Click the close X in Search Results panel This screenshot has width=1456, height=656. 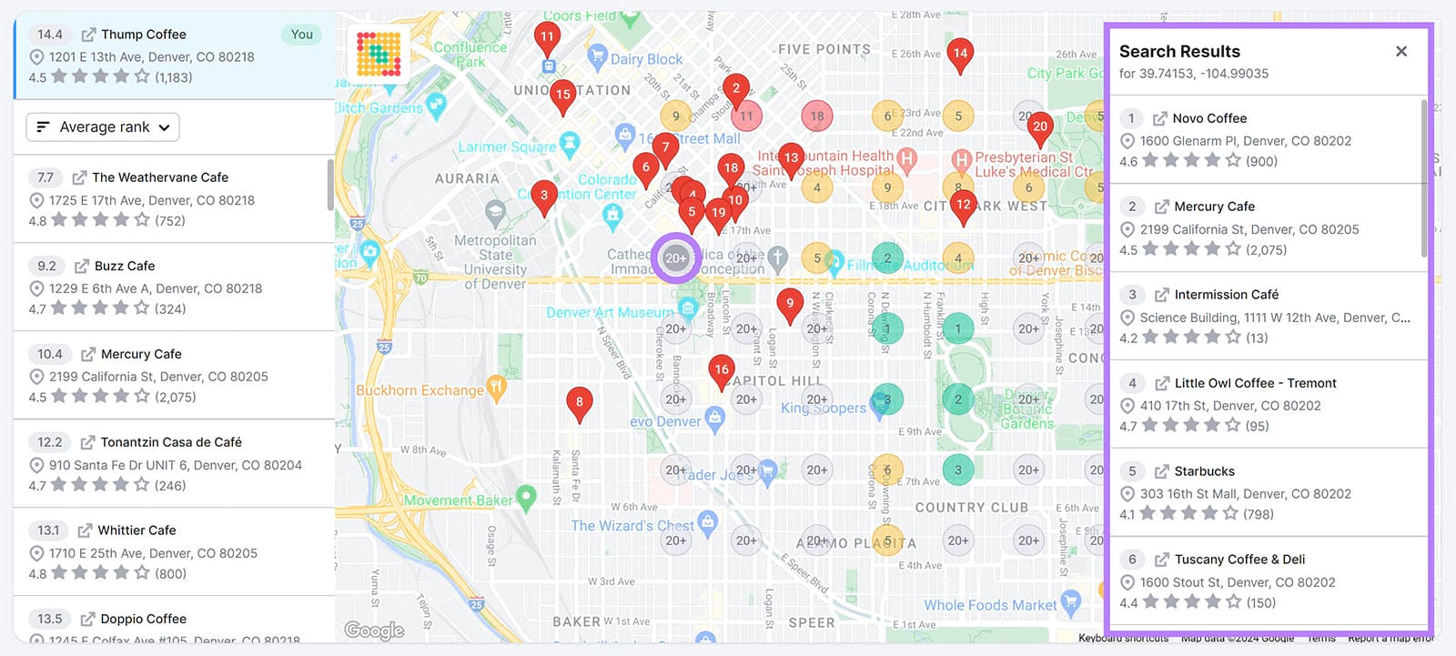point(1401,52)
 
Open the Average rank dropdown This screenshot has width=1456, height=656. point(103,127)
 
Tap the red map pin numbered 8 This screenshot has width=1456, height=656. point(580,402)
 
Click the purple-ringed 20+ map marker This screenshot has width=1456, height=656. point(675,258)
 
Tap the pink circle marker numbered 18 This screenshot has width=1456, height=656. point(817,116)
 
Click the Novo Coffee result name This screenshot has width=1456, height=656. point(1209,118)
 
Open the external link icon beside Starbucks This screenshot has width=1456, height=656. point(1161,471)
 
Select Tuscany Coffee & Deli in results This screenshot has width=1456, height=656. point(1239,560)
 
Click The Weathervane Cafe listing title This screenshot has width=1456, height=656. point(160,177)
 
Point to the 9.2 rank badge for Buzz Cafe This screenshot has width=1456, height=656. point(46,266)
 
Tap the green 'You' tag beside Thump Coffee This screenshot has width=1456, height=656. point(301,35)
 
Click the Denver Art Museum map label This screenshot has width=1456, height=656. point(609,312)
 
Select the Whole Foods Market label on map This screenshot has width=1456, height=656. point(990,605)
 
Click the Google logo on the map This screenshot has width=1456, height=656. point(374,630)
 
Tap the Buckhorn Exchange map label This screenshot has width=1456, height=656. point(420,390)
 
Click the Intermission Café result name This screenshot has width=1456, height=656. point(1226,295)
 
